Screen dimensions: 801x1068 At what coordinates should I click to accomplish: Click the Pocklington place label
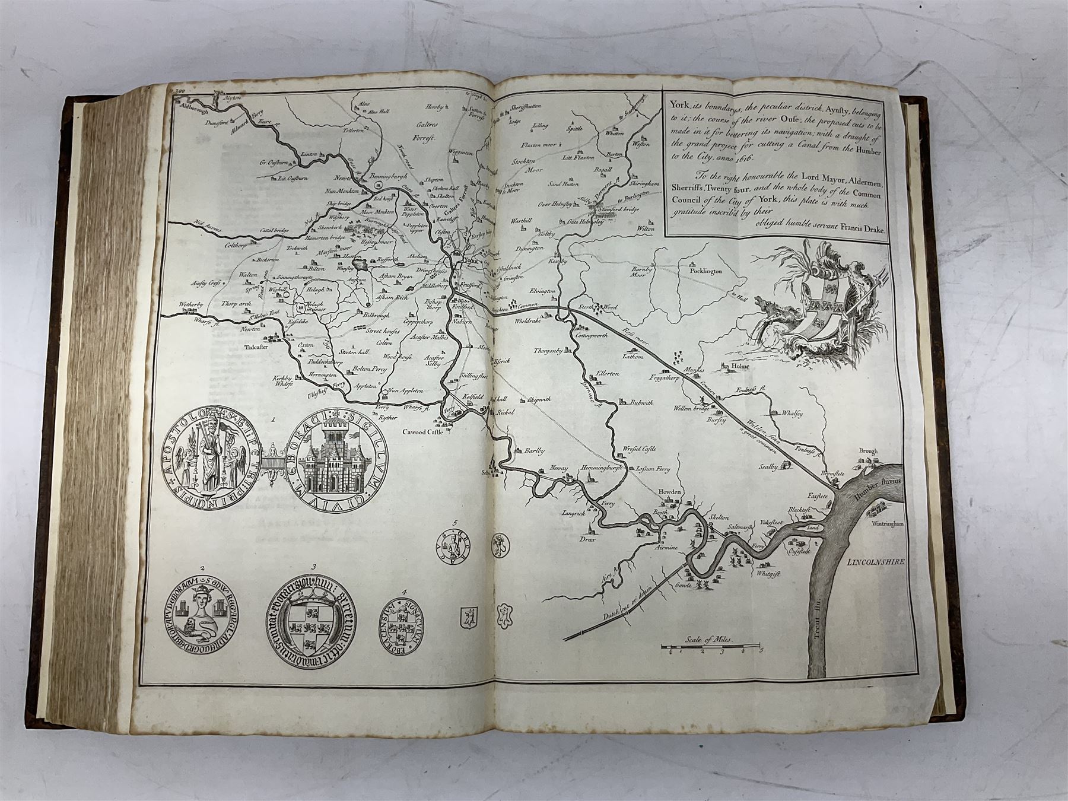705,271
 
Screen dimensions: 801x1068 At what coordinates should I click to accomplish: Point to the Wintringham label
888,525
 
